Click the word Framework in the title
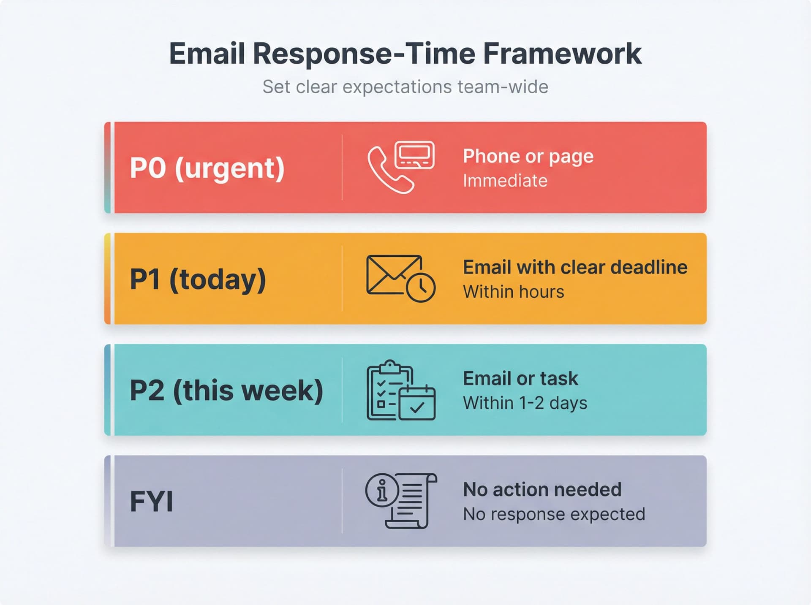tap(562, 54)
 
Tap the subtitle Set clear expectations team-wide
tap(405, 87)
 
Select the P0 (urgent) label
tap(207, 168)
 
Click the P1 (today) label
tap(198, 279)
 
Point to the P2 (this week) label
tap(226, 390)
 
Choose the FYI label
tap(151, 502)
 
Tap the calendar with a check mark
tap(417, 404)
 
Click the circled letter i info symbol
tap(382, 490)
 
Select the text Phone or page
tap(528, 156)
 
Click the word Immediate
tap(505, 181)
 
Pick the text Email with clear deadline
tap(575, 267)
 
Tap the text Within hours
tap(513, 292)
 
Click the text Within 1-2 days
tap(525, 403)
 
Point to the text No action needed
tap(542, 490)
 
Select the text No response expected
tap(554, 514)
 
